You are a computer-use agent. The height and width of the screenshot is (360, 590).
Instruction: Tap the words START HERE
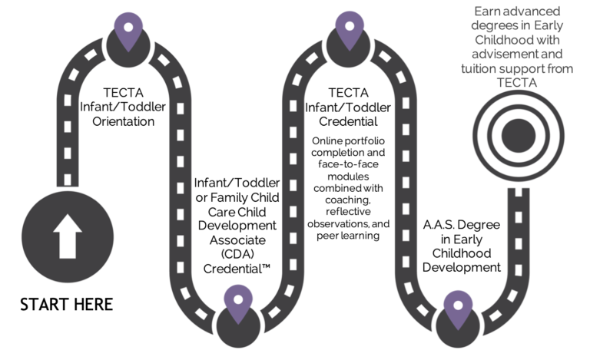(x=66, y=304)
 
